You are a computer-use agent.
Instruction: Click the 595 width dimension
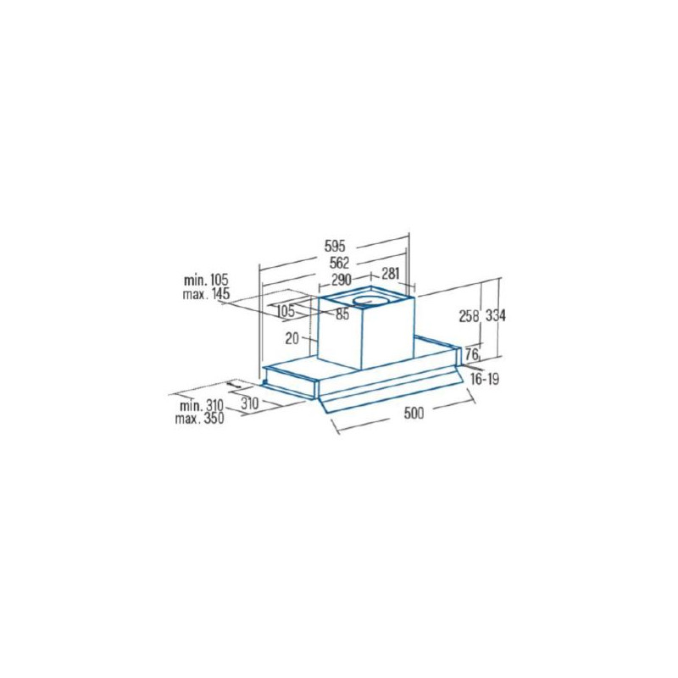(335, 246)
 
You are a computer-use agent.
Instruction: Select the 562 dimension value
(339, 263)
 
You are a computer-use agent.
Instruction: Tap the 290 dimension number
(342, 280)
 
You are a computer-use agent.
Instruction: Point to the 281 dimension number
(390, 274)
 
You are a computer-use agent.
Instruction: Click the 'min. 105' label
(206, 280)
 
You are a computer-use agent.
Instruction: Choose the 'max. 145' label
(206, 294)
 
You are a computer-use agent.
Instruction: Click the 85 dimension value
(342, 314)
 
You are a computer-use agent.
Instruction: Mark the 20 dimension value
(292, 338)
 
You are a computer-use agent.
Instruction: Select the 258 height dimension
(470, 317)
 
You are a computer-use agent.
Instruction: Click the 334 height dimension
(495, 316)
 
